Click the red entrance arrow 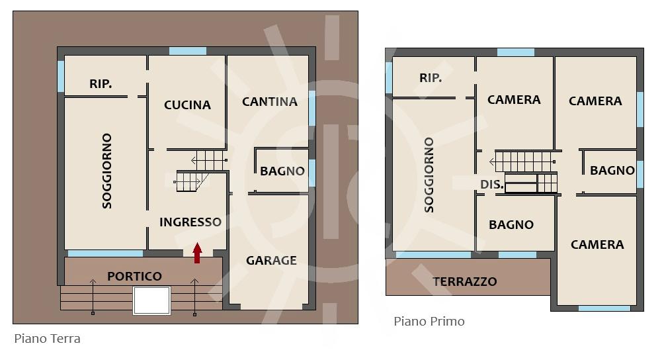(x=197, y=253)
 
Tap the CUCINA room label (x=187, y=105)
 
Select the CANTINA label (x=270, y=102)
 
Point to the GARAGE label (x=271, y=260)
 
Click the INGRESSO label (x=190, y=222)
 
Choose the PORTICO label (x=135, y=277)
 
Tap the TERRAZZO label (x=465, y=281)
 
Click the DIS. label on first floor (x=492, y=185)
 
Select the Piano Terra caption (x=48, y=338)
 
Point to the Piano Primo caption (x=429, y=322)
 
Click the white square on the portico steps (x=152, y=300)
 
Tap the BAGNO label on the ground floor (x=282, y=171)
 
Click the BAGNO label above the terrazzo (x=511, y=225)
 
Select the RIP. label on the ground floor (x=101, y=84)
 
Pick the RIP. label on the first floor (x=431, y=77)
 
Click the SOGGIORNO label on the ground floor (x=107, y=171)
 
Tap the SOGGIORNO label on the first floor (x=429, y=175)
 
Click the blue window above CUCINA (x=188, y=51)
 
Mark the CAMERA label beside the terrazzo (x=597, y=245)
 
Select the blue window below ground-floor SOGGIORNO (x=106, y=253)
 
